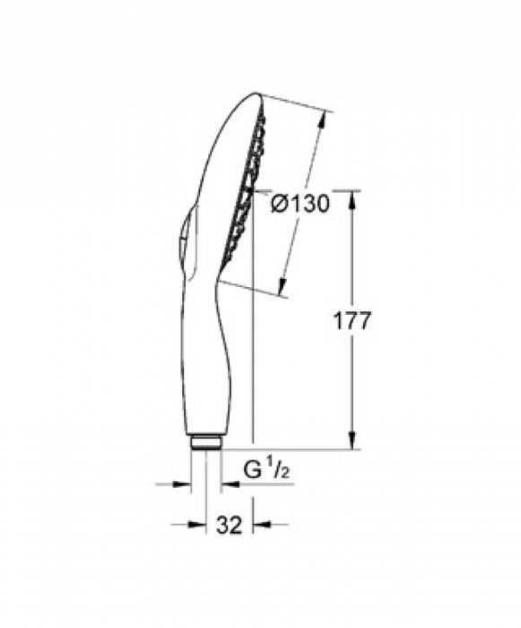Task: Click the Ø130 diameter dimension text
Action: [300, 204]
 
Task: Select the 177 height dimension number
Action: [351, 322]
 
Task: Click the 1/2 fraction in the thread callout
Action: [274, 467]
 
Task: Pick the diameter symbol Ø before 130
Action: [279, 204]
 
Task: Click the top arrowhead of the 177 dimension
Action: [352, 196]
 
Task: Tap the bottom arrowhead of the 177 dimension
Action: [352, 443]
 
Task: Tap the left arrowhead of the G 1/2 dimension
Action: [186, 484]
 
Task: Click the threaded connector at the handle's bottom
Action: [205, 442]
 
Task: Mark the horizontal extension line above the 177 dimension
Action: [305, 189]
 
